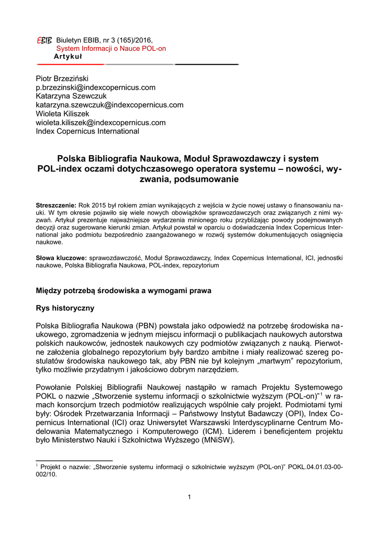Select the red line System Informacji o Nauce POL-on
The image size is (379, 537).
111,48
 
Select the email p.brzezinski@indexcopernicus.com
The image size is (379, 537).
95,87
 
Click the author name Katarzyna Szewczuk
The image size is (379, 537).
71,96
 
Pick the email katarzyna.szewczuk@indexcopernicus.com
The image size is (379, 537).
109,105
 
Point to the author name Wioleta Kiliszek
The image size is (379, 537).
62,114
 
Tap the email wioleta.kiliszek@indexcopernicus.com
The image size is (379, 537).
101,123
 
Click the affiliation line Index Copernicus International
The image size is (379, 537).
87,132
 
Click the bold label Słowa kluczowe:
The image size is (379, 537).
61,259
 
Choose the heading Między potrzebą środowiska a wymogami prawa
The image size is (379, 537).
124,290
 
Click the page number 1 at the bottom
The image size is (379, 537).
189,497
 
